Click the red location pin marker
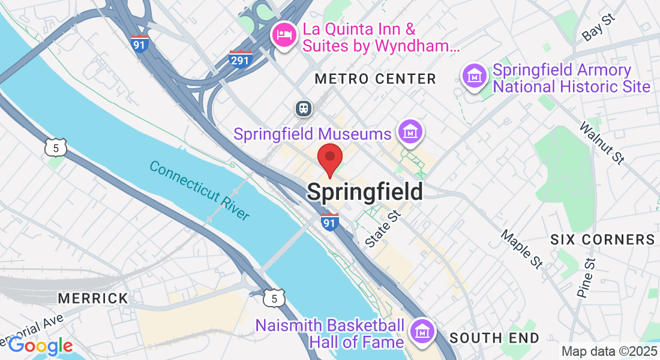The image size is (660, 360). point(329,159)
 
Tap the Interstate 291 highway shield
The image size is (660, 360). point(241,59)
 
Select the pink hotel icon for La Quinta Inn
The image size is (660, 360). point(284,34)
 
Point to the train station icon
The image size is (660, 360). point(304,108)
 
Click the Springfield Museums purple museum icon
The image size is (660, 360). point(411,131)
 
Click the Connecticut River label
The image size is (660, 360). point(199,190)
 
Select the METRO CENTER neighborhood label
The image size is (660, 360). point(375,79)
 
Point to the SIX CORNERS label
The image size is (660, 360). point(602,240)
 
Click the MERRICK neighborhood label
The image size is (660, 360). point(93,298)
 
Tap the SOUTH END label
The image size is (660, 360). point(494,338)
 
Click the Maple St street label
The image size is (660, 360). point(521,248)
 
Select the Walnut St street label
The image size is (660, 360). point(602,143)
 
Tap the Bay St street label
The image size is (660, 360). point(599,28)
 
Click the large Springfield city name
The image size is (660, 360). point(365,192)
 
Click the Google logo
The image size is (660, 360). point(40,346)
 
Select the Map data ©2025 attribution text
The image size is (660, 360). point(608,351)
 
